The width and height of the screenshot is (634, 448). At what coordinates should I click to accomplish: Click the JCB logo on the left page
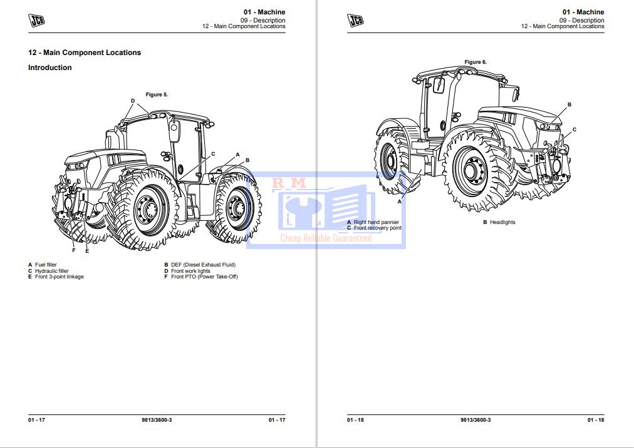coord(37,21)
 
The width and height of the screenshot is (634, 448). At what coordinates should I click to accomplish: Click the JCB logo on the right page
coord(356,21)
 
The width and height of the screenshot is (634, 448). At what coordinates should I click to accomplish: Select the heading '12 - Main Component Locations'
coord(85,53)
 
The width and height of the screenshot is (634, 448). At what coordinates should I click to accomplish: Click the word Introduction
coord(50,68)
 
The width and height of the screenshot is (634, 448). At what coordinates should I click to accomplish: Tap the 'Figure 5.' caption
coord(157,94)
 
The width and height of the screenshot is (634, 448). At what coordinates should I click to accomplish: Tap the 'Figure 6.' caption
coord(476,62)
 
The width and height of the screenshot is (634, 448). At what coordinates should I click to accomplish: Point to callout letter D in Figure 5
coord(133,101)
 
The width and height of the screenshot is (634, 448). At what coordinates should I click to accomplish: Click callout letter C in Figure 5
coord(213,153)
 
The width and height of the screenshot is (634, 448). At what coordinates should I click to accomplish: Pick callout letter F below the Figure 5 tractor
coord(73,250)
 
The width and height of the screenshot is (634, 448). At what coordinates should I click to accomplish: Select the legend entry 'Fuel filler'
coord(46,265)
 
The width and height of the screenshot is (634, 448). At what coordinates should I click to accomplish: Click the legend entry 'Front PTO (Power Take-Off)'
coord(204,277)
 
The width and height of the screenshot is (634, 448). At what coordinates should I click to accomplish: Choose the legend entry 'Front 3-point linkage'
coord(59,277)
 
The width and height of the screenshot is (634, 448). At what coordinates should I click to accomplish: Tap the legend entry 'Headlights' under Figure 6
coord(502,222)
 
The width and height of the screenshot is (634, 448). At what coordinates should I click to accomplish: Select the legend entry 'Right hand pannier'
coord(376,222)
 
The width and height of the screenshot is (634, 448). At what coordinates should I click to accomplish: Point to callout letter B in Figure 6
coord(569,104)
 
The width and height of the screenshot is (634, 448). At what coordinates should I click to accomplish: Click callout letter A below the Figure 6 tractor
coord(399,201)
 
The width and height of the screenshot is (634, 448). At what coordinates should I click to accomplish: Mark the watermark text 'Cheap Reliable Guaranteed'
coord(326,238)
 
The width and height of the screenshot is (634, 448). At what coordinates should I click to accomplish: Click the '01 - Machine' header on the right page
coord(583,12)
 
